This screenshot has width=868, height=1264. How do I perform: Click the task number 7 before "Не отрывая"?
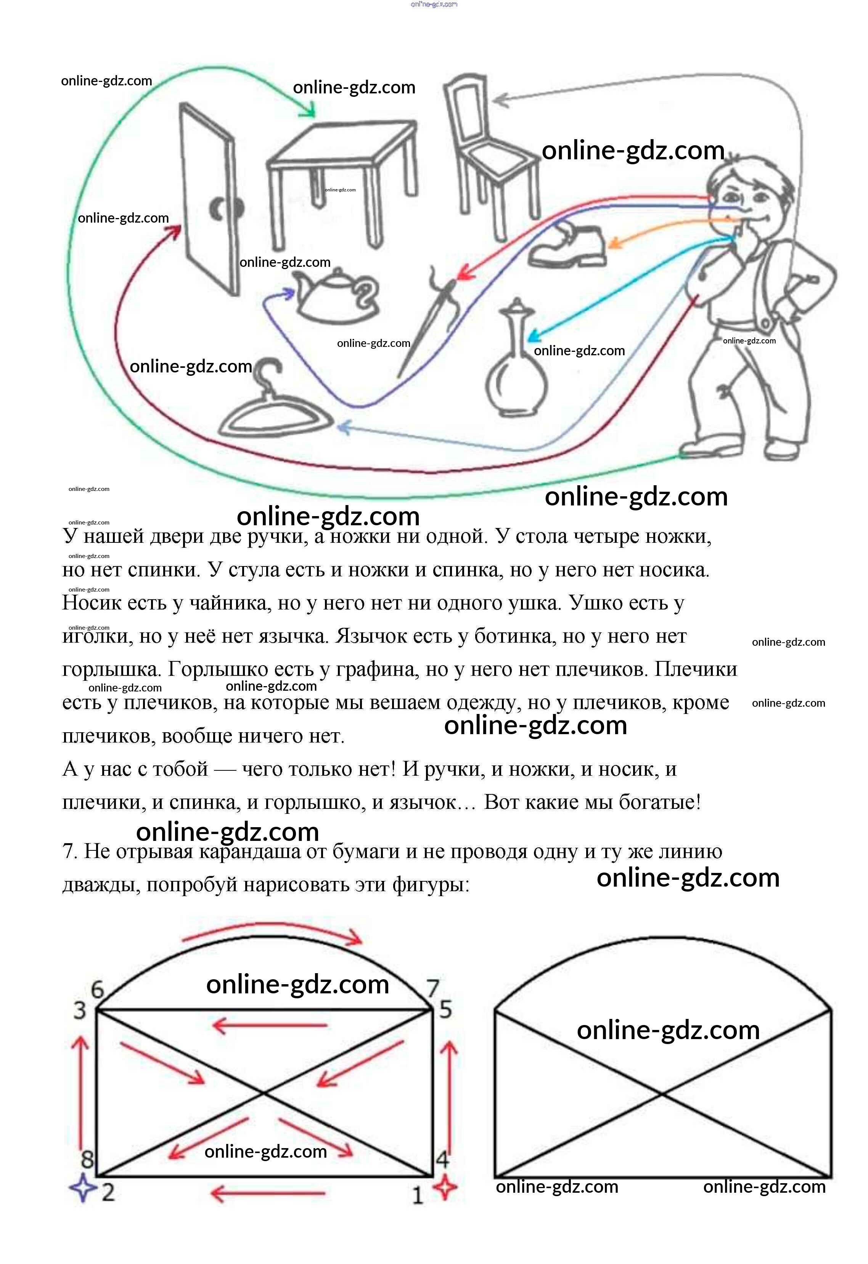tap(70, 852)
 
